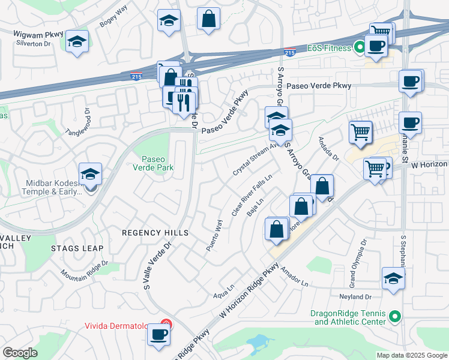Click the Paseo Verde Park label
157,163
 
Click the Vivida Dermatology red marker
167,326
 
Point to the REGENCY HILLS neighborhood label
155,233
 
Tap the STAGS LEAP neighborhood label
77,248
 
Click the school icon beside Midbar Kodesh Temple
91,175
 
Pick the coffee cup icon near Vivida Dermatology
158,334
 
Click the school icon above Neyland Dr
393,278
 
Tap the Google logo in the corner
20,353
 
